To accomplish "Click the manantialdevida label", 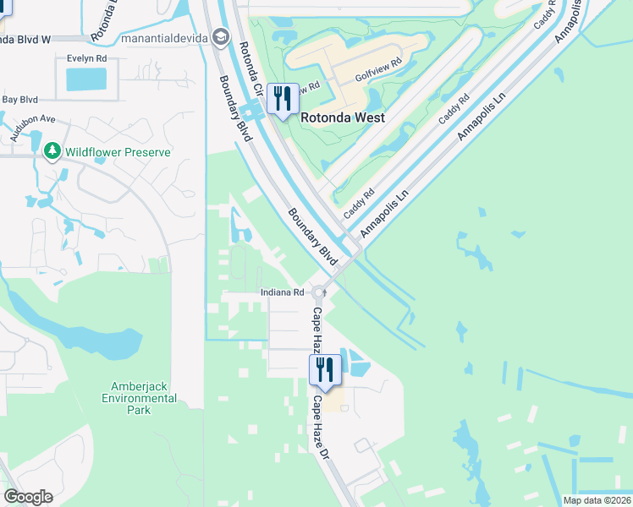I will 165,37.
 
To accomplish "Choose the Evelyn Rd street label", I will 88,58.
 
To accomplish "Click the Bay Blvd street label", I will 21,100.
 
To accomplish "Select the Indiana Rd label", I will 282,292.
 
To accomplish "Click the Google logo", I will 28,497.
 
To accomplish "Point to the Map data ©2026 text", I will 597,500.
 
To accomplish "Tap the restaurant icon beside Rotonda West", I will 283,100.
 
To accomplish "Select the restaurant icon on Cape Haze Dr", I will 324,369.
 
